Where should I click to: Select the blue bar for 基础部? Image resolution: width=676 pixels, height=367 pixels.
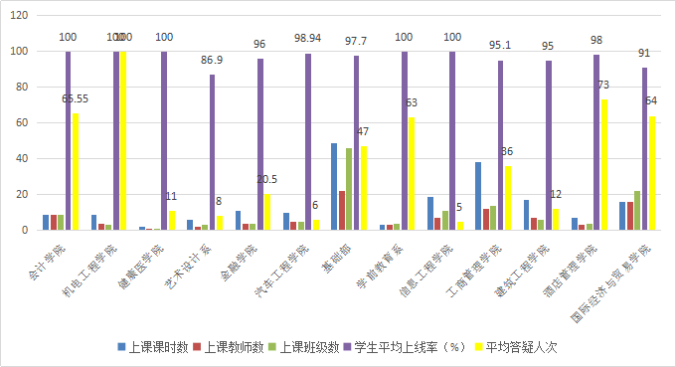click(334, 187)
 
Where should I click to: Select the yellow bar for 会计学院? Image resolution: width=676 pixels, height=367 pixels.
click(77, 171)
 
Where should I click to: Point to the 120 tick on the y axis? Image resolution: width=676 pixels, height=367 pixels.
click(21, 15)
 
